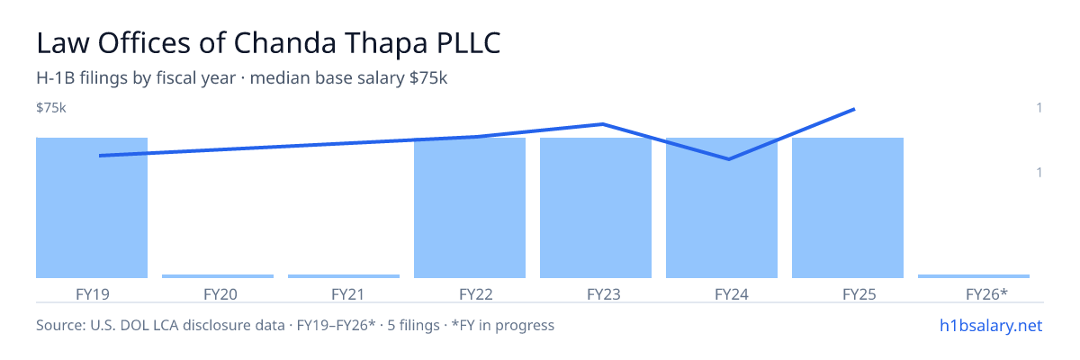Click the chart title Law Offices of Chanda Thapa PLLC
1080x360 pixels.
coord(268,43)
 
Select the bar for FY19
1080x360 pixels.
coord(92,208)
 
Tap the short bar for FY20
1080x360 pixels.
coord(218,276)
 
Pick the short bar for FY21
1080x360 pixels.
coord(344,276)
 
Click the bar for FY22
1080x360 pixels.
coord(470,208)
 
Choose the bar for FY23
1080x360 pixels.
coord(596,208)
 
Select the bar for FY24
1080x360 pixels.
coord(722,208)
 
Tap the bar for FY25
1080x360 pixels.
coord(848,208)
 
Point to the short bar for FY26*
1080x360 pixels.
coord(974,276)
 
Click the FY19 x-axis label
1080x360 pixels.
coord(93,294)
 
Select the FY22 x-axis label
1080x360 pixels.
coord(476,294)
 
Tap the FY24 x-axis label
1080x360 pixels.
coord(732,294)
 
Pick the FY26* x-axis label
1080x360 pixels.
coord(987,294)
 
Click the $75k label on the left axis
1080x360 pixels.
coord(51,107)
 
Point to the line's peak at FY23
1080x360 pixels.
coord(603,124)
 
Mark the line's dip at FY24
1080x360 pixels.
coord(728,159)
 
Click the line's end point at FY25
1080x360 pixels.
coord(854,110)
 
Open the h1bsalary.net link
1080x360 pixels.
coord(991,325)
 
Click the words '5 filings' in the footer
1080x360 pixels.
coord(414,325)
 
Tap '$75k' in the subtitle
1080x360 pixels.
coord(428,77)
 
